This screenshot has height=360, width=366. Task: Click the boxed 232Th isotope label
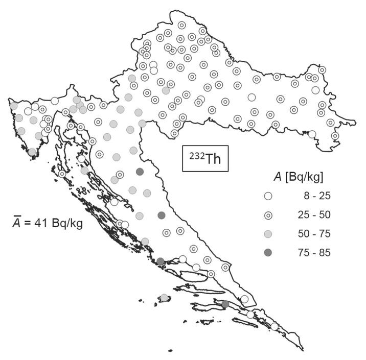pyautogui.click(x=205, y=159)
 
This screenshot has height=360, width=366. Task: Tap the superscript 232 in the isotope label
pyautogui.click(x=195, y=155)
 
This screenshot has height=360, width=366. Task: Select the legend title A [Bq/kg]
pyautogui.click(x=298, y=177)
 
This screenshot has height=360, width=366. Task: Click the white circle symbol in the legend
pyautogui.click(x=268, y=196)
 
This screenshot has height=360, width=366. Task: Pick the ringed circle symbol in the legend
pyautogui.click(x=268, y=215)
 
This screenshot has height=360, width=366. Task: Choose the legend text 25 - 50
pyautogui.click(x=314, y=215)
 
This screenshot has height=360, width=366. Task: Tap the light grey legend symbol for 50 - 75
pyautogui.click(x=268, y=234)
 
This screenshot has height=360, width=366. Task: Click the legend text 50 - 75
pyautogui.click(x=314, y=234)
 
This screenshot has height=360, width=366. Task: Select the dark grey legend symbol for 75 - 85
pyautogui.click(x=268, y=253)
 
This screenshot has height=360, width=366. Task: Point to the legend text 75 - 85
pyautogui.click(x=314, y=253)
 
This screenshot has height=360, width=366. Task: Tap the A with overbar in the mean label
pyautogui.click(x=17, y=223)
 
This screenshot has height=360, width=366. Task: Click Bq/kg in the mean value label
pyautogui.click(x=67, y=223)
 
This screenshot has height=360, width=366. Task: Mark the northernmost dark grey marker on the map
pyautogui.click(x=140, y=172)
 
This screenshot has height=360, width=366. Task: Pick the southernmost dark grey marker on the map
pyautogui.click(x=225, y=304)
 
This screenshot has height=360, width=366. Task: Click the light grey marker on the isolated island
pyautogui.click(x=164, y=298)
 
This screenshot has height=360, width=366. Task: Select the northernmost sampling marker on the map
pyautogui.click(x=181, y=25)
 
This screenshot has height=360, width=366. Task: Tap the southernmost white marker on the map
pyautogui.click(x=274, y=326)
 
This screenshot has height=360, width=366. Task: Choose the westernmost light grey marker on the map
pyautogui.click(x=14, y=106)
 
